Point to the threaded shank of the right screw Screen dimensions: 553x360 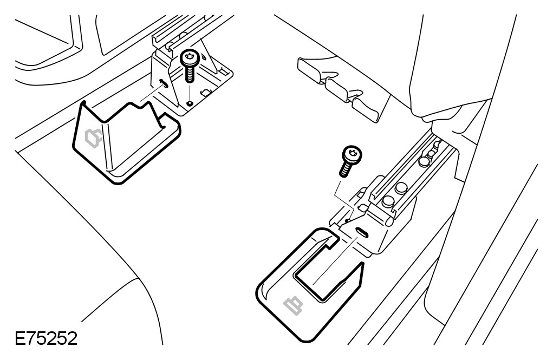pos(344,168)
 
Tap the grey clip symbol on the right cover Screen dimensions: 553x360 pos(295,305)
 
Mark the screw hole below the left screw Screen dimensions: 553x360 pos(189,103)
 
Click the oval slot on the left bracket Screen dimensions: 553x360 pos(163,84)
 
